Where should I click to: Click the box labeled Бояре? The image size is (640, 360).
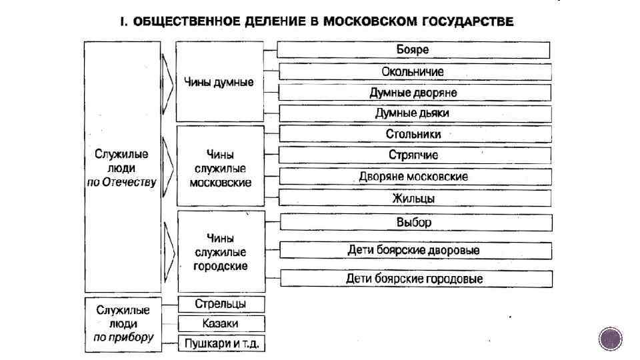(x=413, y=50)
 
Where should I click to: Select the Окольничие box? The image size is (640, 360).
(x=413, y=71)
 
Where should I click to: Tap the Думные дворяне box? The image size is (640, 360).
(x=413, y=93)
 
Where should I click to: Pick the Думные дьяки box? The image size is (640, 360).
(x=413, y=113)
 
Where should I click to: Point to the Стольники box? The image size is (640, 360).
(x=413, y=134)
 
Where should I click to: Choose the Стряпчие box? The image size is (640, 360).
(x=413, y=155)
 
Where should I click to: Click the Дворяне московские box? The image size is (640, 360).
(x=413, y=177)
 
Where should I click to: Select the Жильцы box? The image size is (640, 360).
(x=413, y=198)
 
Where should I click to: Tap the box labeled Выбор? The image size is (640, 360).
(x=413, y=222)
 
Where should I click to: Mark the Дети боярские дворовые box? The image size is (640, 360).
(x=413, y=251)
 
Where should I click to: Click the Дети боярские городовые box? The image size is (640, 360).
(x=413, y=279)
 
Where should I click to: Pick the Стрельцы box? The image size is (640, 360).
(x=221, y=304)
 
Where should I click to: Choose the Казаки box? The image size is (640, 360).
(x=221, y=323)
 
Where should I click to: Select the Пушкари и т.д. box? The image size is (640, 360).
(x=221, y=344)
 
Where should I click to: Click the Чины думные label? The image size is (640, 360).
(x=219, y=84)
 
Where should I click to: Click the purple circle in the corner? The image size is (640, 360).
(x=610, y=339)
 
